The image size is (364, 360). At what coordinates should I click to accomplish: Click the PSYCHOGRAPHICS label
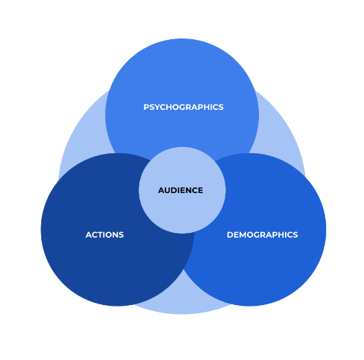pos(183,107)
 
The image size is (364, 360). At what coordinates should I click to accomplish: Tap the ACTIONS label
pos(104,234)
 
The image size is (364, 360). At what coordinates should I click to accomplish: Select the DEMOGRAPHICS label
pos(262,234)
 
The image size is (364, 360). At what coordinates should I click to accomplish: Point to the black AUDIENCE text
pos(181,190)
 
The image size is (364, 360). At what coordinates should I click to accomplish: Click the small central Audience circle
pos(182,209)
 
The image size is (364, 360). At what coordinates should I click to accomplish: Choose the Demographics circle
pos(267,267)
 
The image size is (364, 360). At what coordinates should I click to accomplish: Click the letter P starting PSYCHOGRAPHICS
pos(146,107)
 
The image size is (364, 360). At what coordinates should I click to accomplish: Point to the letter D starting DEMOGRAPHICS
pos(230,234)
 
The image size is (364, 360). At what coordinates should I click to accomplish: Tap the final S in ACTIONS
pos(121,234)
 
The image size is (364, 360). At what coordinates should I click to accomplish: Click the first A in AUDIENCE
pos(161,190)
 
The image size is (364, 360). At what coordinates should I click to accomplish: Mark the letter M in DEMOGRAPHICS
pos(242,234)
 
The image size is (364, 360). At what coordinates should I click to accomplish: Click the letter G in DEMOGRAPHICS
pos(258,234)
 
